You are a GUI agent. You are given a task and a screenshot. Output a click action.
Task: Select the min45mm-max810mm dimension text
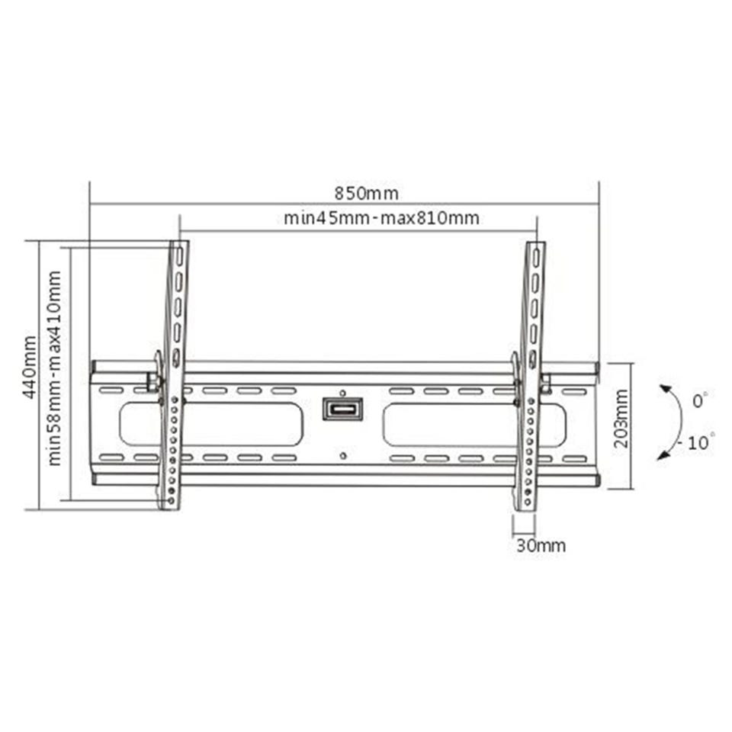coord(381,218)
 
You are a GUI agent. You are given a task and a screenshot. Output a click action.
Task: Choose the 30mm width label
coord(541,545)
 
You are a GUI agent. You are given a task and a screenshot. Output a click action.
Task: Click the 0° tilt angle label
coord(700,400)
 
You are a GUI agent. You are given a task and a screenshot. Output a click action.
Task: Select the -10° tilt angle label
coord(697,441)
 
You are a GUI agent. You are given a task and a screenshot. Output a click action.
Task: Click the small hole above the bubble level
coord(342,386)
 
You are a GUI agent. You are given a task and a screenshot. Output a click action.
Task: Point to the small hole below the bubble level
coord(342,457)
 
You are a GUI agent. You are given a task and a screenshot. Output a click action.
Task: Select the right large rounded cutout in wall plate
coord(473,425)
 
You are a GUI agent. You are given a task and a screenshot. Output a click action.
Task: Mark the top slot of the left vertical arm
coord(179,256)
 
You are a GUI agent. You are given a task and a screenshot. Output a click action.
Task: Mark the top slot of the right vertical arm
coord(535,256)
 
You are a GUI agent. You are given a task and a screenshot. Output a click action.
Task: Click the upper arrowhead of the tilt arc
coord(665,388)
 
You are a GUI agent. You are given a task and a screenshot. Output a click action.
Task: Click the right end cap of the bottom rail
coord(596,480)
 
